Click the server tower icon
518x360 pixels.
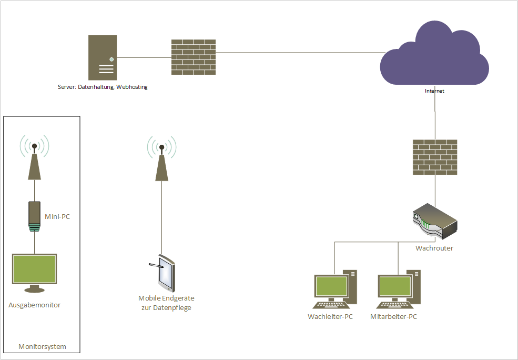click(x=103, y=57)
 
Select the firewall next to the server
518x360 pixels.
click(x=194, y=57)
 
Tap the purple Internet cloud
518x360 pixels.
click(x=434, y=53)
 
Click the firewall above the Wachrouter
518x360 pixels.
click(x=435, y=157)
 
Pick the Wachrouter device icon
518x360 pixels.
click(x=435, y=221)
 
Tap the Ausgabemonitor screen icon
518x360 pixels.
click(x=34, y=273)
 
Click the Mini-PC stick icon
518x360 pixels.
click(x=34, y=216)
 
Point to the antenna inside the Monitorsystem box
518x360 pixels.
click(x=34, y=157)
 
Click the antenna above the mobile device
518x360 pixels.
click(x=161, y=158)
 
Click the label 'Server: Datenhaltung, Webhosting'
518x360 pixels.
click(x=103, y=87)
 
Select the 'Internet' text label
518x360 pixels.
click(x=434, y=91)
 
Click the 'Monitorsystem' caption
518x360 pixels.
click(x=42, y=346)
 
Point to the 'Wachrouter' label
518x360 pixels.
click(x=434, y=248)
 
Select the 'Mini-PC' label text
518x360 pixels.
click(x=57, y=217)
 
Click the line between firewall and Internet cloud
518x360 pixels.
click(x=301, y=53)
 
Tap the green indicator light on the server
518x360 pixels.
click(x=111, y=59)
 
